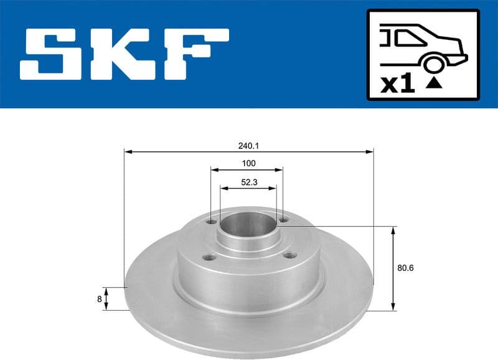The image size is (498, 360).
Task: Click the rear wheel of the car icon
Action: coord(434,64)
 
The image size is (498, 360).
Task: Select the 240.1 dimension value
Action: coord(248,146)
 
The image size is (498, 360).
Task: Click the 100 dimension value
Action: coord(248,164)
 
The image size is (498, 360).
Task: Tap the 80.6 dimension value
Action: coord(405,268)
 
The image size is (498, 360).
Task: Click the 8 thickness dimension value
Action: coord(99,299)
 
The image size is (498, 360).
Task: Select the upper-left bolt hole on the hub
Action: coord(213,221)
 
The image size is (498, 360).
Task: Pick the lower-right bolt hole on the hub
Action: coord(288,254)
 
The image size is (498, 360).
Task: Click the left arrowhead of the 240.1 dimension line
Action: coord(127,151)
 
